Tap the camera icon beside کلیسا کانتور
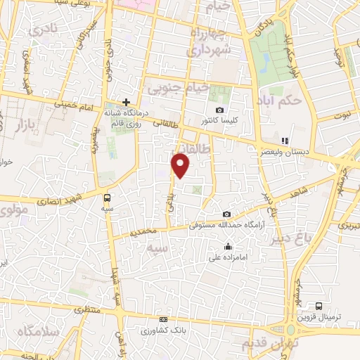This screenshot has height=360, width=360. [220, 110]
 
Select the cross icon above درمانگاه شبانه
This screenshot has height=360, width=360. [126, 102]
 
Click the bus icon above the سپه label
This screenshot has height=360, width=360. [107, 198]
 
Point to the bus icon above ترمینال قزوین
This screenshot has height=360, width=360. [319, 306]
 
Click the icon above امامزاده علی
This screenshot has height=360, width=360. [229, 246]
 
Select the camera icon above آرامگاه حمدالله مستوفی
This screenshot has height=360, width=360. [226, 214]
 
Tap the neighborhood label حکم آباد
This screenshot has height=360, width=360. [280, 99]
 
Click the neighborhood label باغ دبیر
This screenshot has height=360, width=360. [289, 238]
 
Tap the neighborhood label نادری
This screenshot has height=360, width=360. [44, 31]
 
